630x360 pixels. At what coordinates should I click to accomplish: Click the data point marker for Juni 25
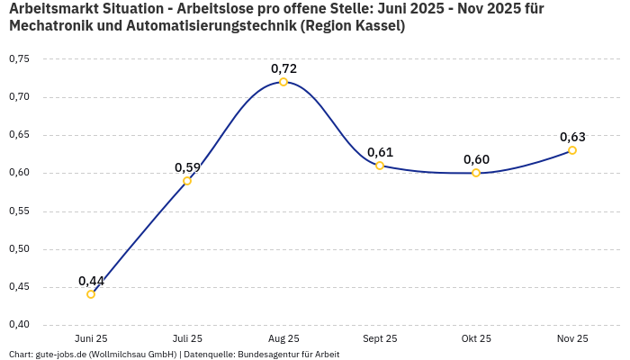(x=91, y=294)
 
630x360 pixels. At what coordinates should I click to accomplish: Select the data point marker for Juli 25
(x=187, y=181)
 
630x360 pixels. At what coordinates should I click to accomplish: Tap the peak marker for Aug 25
(x=283, y=82)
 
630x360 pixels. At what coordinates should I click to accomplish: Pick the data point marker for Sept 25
(x=380, y=166)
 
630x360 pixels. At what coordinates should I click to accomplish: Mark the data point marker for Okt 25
(x=476, y=173)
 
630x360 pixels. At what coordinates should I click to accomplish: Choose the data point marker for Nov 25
(x=572, y=150)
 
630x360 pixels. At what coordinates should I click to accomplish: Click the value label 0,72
(x=283, y=68)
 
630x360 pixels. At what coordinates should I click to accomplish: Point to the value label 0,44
(x=91, y=281)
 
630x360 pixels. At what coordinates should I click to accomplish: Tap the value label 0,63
(x=572, y=137)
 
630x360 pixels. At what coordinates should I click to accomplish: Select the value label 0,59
(x=187, y=167)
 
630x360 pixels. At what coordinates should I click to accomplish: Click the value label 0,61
(x=380, y=152)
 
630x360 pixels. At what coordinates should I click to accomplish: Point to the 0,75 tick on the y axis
(x=19, y=59)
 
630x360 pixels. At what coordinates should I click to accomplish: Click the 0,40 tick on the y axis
(x=19, y=325)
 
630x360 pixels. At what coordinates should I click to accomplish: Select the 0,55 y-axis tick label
(x=19, y=211)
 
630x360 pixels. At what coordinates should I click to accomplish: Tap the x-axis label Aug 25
(x=283, y=338)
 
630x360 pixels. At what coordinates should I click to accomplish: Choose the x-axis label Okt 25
(x=476, y=338)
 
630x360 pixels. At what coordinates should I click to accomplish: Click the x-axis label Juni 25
(x=91, y=338)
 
